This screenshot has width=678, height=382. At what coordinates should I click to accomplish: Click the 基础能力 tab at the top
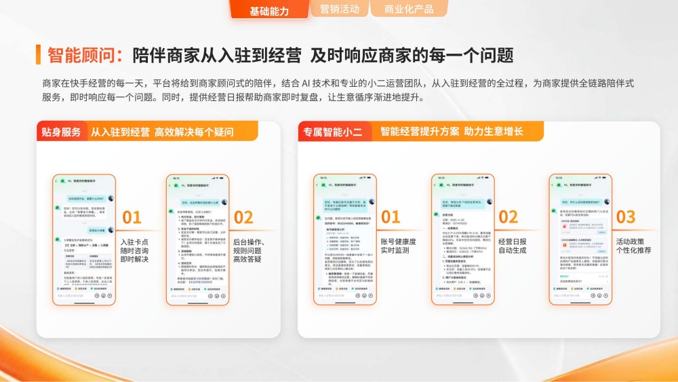tap(269, 11)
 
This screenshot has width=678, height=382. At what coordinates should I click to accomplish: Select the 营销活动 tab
tap(339, 9)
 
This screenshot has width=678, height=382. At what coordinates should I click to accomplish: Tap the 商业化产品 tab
tap(409, 9)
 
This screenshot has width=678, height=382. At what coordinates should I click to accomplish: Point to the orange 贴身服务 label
tap(61, 132)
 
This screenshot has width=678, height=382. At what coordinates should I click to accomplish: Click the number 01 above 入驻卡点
tap(132, 218)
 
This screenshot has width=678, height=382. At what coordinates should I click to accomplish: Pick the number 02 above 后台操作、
tap(243, 218)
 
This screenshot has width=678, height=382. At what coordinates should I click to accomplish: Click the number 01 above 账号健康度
tap(391, 218)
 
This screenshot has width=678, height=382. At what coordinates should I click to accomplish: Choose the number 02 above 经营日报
tap(508, 218)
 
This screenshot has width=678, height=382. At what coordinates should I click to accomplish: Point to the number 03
tap(625, 218)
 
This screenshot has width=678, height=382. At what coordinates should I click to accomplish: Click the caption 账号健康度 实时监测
tap(398, 246)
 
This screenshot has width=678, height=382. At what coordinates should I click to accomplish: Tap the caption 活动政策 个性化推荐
tap(634, 246)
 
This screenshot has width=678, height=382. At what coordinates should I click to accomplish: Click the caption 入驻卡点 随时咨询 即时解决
tap(134, 250)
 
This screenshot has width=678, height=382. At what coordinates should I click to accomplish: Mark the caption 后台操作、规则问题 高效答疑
tap(249, 250)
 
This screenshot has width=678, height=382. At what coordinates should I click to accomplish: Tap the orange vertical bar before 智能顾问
tap(39, 55)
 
